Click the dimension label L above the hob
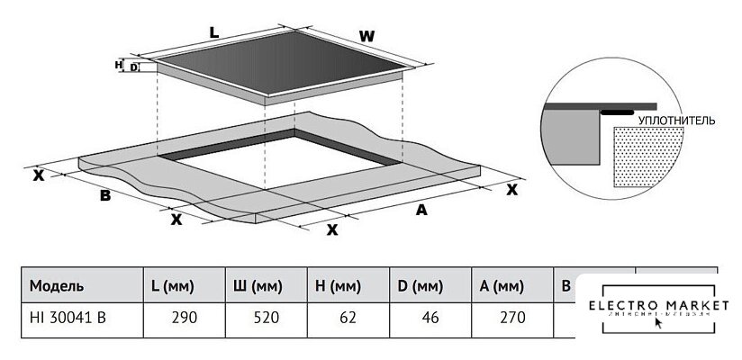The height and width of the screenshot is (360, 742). click(x=213, y=32)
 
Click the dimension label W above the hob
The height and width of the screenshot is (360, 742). click(x=366, y=36)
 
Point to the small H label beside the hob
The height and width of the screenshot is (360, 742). click(x=118, y=65)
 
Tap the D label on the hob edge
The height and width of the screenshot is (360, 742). click(x=133, y=67)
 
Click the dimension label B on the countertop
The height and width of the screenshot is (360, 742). click(x=104, y=195)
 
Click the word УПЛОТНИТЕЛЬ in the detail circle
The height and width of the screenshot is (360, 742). click(x=675, y=119)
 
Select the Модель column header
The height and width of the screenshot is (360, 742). click(x=57, y=286)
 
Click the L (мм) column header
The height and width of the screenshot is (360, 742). click(x=175, y=286)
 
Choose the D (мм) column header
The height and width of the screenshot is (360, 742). click(x=420, y=286)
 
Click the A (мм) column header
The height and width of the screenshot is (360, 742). click(x=501, y=286)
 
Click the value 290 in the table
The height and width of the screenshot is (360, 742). click(x=185, y=317)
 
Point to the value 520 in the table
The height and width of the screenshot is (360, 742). click(x=266, y=317)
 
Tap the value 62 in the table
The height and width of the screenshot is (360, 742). click(x=350, y=317)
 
